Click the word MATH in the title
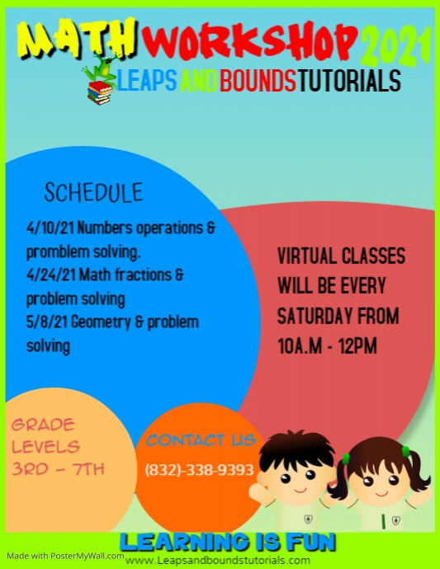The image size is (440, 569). pyautogui.click(x=78, y=38)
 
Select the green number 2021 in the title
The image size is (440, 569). pyautogui.click(x=397, y=46)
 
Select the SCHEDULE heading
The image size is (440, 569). pyautogui.click(x=93, y=193)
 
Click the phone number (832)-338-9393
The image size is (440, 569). pyautogui.click(x=199, y=471)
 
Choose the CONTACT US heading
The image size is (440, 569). pyautogui.click(x=200, y=440)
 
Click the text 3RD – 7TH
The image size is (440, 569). pyautogui.click(x=59, y=469)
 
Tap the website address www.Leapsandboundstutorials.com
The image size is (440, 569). pyautogui.click(x=218, y=560)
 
